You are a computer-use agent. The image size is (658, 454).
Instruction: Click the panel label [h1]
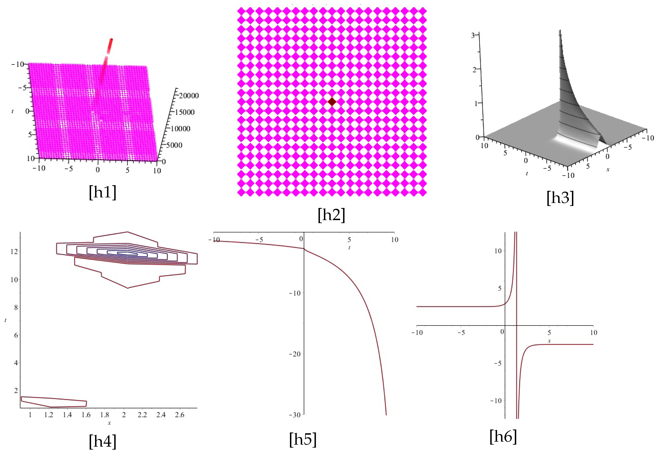coord(103,193)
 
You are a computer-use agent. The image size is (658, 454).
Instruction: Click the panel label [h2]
coord(331,215)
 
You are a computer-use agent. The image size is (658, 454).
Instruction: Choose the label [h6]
coord(503,437)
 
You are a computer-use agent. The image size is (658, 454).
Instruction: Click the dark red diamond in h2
coord(332,101)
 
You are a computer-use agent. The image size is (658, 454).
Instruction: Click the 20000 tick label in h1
coord(189,96)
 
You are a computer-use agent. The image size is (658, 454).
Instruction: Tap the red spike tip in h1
coord(111,39)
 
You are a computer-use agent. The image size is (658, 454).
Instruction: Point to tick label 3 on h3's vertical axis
coord(473,35)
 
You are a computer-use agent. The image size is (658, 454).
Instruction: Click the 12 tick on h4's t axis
coord(14,251)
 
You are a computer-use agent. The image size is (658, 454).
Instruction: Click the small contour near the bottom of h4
coord(54,402)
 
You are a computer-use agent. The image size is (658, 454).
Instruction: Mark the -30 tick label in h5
coord(295,415)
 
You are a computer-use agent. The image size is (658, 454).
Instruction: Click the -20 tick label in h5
coord(295,354)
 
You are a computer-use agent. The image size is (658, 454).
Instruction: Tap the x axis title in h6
coord(549,341)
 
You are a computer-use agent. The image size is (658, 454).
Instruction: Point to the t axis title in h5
coord(349,248)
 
